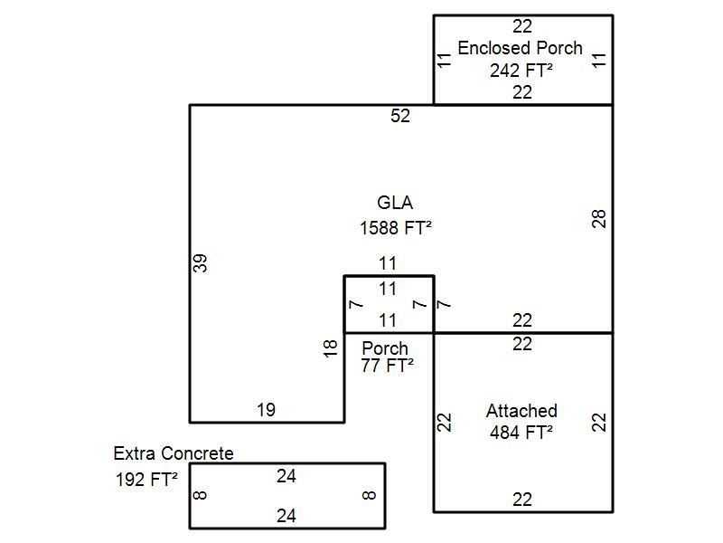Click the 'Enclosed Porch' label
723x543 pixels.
coord(520,48)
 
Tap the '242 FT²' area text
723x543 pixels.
coord(521,70)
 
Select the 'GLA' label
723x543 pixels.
coord(395,203)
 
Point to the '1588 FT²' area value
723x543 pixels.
coord(395,227)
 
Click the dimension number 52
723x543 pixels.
coord(399,116)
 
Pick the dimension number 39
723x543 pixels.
coord(201,262)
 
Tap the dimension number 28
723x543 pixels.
coord(598,218)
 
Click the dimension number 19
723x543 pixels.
coord(265,410)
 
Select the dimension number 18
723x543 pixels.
coord(331,347)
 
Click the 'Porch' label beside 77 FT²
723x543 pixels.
coord(385,348)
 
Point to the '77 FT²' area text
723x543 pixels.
coord(387,366)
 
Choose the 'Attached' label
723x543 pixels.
coord(521,411)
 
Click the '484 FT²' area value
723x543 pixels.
coord(521,433)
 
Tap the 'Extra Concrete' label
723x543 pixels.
coord(174,453)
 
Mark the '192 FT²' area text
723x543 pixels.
coord(146,480)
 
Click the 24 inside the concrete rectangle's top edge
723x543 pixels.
coord(286,476)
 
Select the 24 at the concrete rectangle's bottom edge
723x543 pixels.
coord(286,516)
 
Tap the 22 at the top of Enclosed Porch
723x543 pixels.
coord(522,26)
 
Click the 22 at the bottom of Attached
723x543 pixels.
coord(522,500)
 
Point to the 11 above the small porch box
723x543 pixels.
coord(388,264)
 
